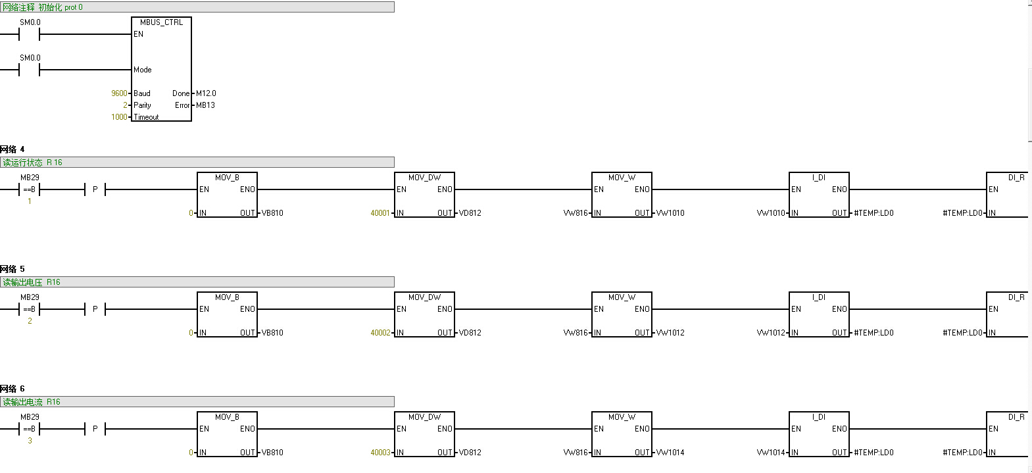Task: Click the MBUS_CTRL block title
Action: pos(161,22)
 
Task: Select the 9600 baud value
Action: pos(119,93)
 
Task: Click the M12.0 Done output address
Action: pos(206,93)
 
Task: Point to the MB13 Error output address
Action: pos(205,105)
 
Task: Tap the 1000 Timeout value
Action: pos(119,117)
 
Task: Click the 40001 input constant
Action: pos(380,213)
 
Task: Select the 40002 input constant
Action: pos(380,333)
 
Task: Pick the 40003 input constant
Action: pos(380,453)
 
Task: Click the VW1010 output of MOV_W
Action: pos(670,213)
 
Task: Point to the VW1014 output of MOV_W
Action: pos(670,453)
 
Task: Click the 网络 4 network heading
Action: pos(12,149)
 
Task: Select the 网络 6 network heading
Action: pos(12,389)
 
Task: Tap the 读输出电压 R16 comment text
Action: pos(32,282)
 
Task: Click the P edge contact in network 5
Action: pos(95,309)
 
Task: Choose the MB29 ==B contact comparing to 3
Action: pos(30,429)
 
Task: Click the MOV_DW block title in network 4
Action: pos(424,178)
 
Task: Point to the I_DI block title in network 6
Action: pos(819,417)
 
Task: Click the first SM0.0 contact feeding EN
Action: pos(30,34)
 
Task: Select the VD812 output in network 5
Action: pos(470,333)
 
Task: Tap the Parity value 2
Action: pos(125,105)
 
